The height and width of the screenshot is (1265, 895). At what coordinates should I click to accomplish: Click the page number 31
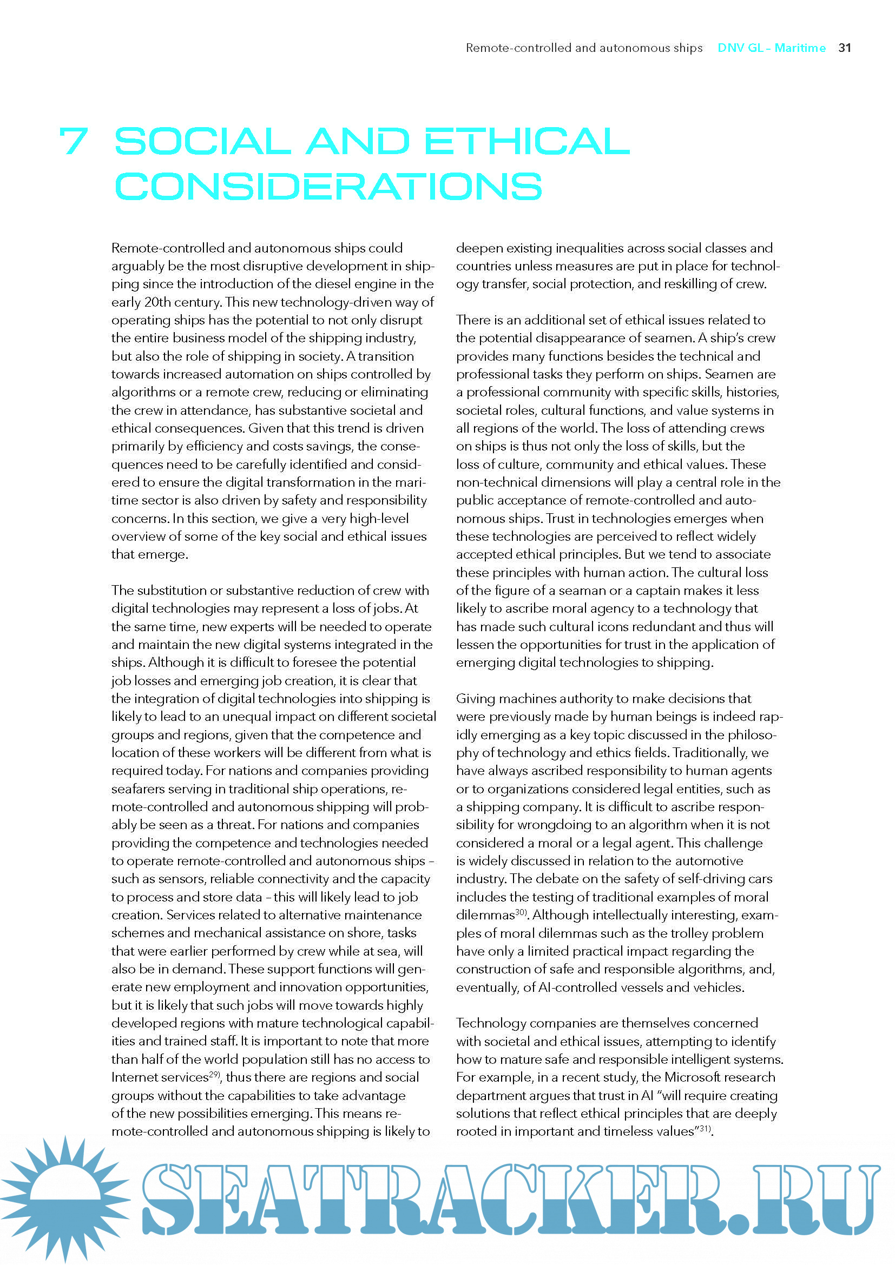coord(844,48)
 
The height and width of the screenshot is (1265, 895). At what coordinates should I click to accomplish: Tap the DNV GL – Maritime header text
coord(771,48)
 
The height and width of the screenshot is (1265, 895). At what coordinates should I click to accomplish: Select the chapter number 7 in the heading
coord(74,141)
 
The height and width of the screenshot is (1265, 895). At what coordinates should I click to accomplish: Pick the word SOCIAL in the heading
coord(202,141)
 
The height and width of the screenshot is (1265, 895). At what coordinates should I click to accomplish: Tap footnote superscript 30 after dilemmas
coord(521,912)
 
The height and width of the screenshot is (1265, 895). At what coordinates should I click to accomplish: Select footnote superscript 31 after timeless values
coord(705,1128)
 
